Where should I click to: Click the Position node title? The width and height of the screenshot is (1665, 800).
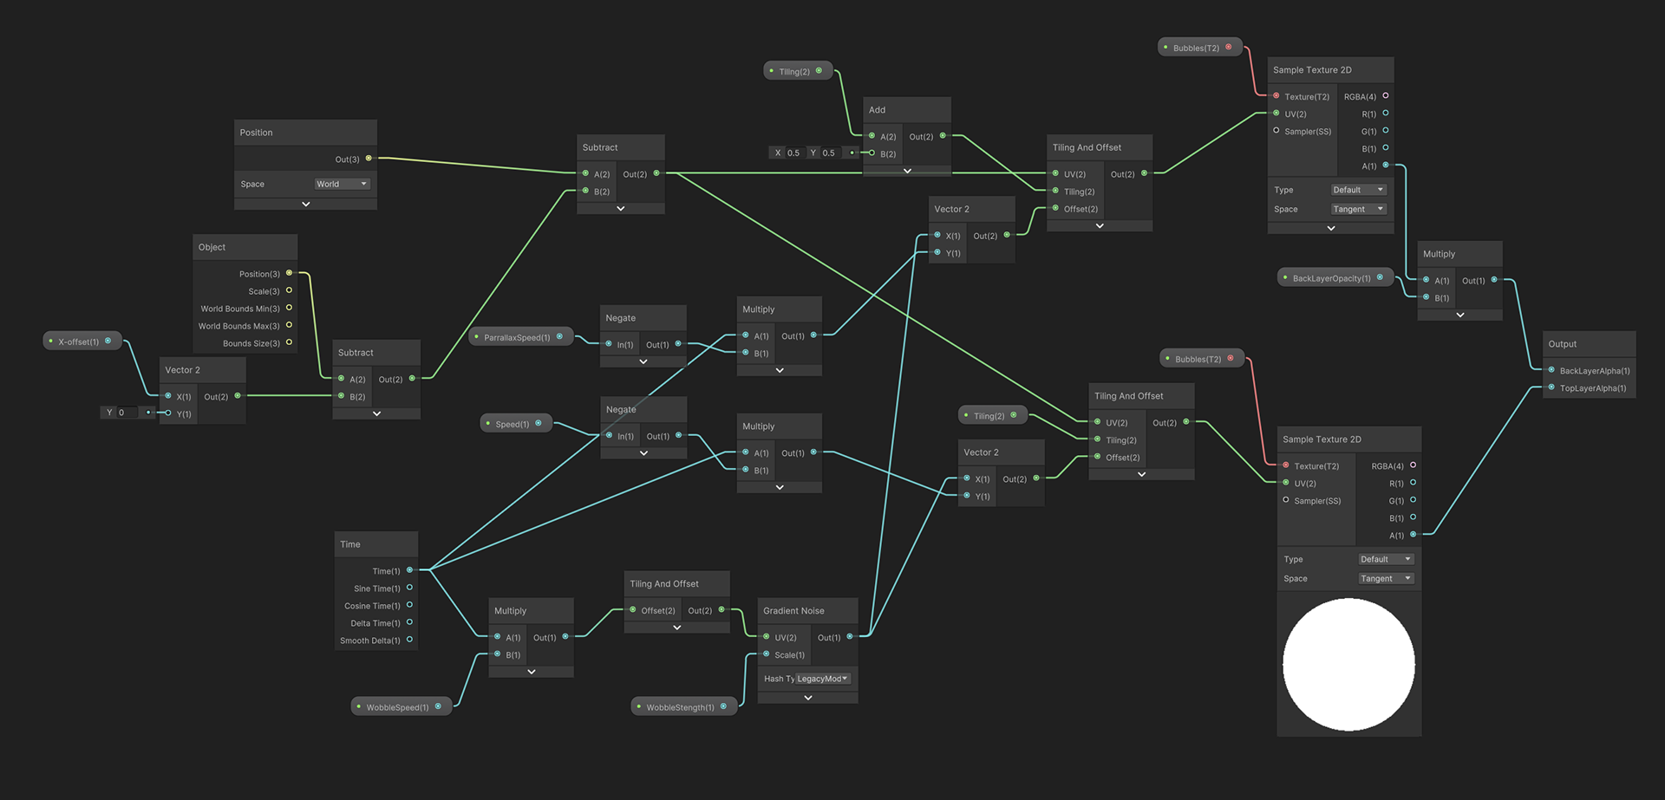[x=257, y=133]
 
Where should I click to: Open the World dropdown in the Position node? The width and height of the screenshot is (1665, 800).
[x=342, y=184]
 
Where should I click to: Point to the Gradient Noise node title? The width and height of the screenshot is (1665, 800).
[x=793, y=611]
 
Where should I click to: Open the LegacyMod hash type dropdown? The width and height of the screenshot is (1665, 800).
[x=823, y=679]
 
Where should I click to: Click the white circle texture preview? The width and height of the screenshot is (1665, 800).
[x=1348, y=665]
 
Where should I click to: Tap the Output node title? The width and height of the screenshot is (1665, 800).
[x=1563, y=344]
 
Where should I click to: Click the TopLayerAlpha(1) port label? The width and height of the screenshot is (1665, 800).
[x=1593, y=388]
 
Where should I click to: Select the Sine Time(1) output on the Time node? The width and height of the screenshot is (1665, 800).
[x=378, y=589]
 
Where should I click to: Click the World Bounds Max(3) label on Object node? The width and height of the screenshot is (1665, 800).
[x=239, y=326]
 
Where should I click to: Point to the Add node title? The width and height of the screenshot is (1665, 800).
[x=878, y=110]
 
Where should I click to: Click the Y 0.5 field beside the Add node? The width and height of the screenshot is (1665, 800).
[x=826, y=153]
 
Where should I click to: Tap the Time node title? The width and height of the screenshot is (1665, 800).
[x=350, y=544]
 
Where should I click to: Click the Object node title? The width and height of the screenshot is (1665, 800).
[x=212, y=247]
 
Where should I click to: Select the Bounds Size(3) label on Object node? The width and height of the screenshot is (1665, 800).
[x=251, y=343]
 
